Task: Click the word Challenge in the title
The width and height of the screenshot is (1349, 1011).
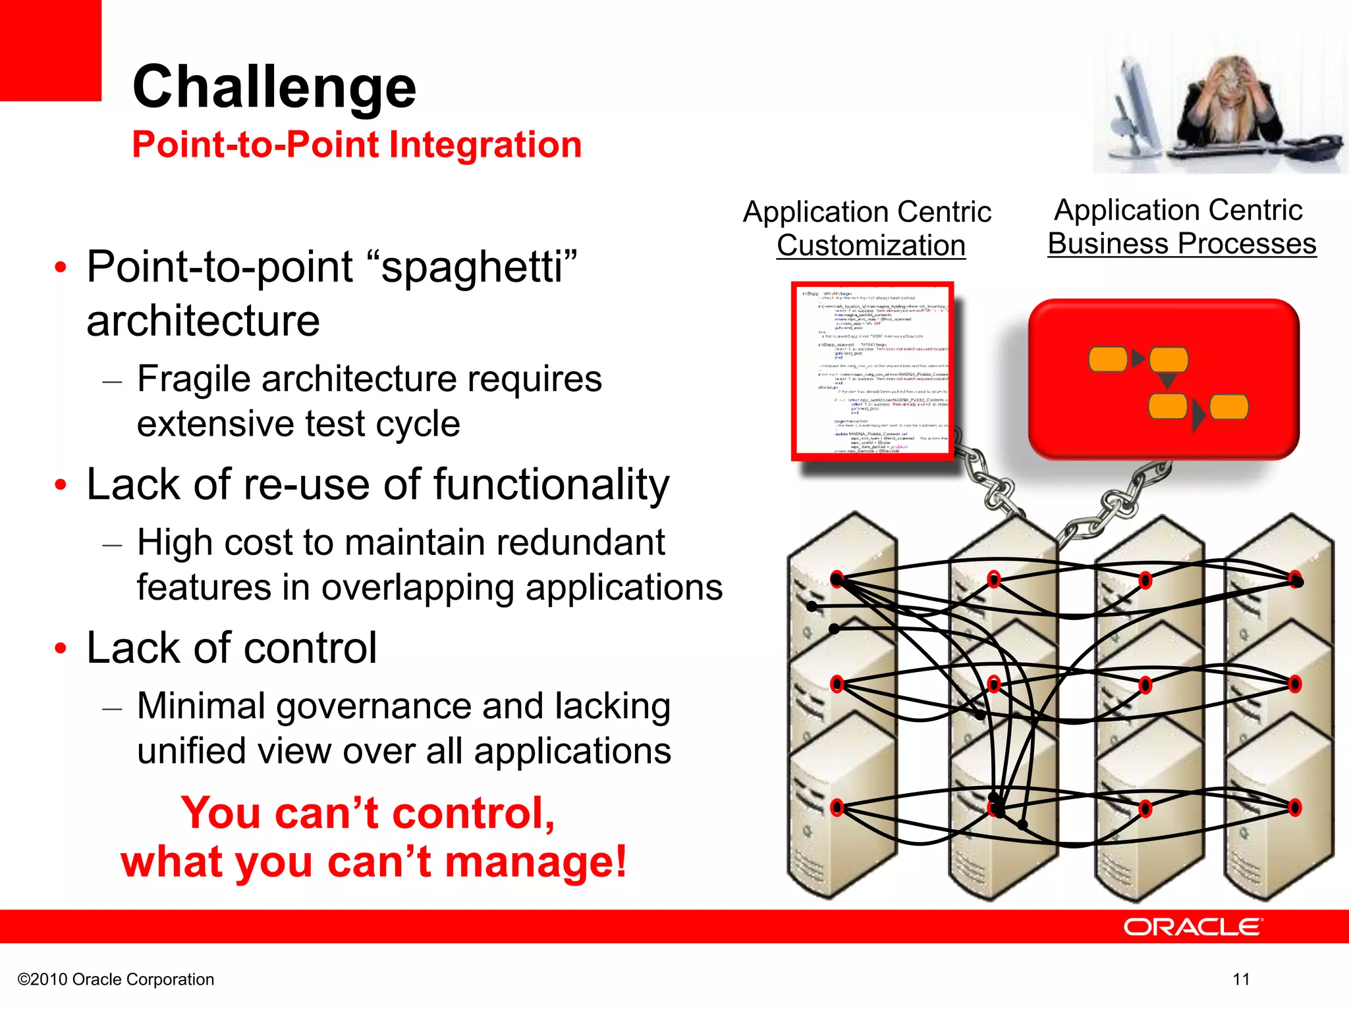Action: point(274,87)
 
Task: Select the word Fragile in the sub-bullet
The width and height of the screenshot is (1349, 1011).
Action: point(193,379)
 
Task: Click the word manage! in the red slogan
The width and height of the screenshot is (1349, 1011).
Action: point(535,862)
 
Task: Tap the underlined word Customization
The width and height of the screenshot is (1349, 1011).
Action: point(870,246)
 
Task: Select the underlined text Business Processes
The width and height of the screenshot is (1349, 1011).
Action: point(1181,244)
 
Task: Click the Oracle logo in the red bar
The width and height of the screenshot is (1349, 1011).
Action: point(1192,927)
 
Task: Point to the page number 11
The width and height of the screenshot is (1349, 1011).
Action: point(1241,979)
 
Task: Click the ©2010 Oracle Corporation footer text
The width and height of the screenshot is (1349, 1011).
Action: point(116,979)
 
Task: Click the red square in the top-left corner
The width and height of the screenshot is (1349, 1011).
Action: point(50,50)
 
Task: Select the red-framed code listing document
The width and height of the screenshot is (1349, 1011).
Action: point(872,371)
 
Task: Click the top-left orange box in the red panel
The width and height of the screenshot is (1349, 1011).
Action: point(1107,359)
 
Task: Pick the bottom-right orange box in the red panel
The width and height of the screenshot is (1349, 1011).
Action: point(1228,407)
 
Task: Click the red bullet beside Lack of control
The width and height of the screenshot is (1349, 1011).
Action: point(61,648)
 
